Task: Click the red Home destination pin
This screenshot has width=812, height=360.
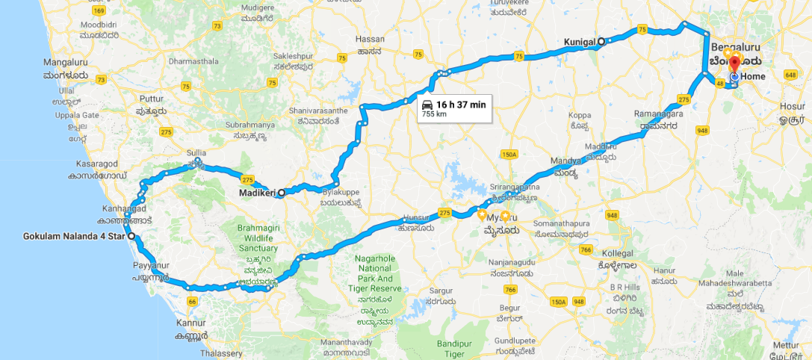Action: [734, 63]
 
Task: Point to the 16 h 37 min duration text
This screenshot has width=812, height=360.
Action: [461, 105]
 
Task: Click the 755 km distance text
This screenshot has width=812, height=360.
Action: [434, 114]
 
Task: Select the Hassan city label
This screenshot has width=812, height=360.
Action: [371, 39]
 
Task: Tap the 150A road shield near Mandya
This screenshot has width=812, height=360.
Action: [509, 155]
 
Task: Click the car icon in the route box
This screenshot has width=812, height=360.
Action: [427, 104]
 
